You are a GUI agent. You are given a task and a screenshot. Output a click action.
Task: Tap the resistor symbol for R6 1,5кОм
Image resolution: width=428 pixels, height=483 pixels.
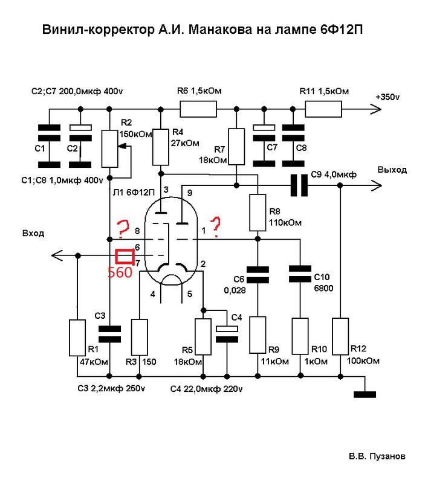[198, 109]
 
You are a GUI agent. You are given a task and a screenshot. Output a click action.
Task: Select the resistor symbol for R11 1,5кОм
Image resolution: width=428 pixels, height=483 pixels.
[323, 109]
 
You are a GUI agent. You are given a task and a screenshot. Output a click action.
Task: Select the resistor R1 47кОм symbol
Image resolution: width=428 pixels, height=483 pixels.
[77, 338]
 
